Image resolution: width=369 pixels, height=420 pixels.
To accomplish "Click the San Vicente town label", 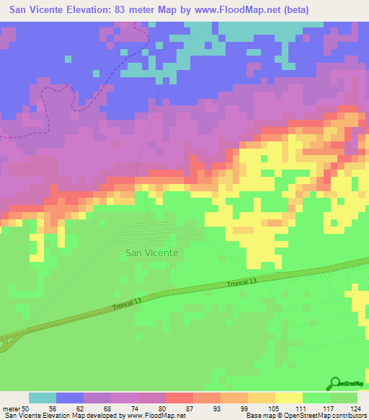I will click(151, 253).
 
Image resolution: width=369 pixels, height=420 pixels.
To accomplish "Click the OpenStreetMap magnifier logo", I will click(337, 384).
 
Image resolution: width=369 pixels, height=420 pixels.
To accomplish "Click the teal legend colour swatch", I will click(43, 398).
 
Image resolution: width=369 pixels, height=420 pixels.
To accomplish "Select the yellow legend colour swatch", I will click(289, 398).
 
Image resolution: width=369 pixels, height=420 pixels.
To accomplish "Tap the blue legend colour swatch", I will click(70, 398).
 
